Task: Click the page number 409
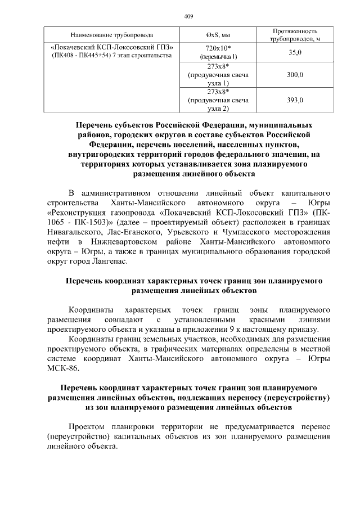click(188, 16)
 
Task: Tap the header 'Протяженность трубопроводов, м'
click(295, 35)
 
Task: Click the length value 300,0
click(295, 74)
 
